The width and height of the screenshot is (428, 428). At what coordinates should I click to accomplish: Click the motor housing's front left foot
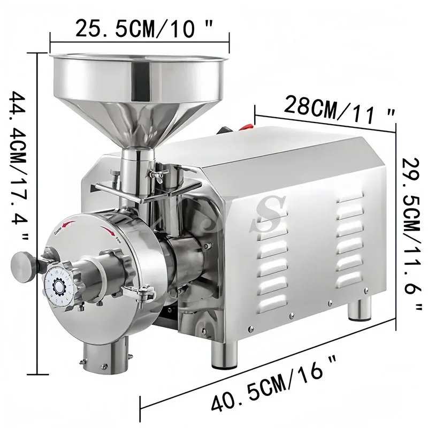click(x=224, y=355)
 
